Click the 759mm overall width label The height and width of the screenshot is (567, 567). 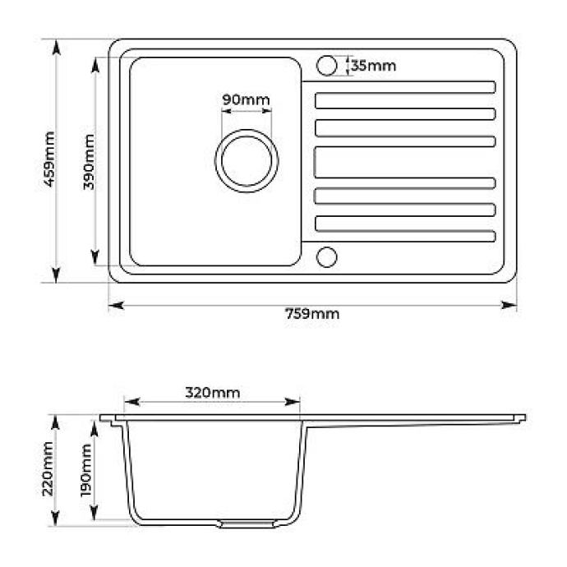click(312, 314)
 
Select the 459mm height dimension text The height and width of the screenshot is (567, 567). click(49, 159)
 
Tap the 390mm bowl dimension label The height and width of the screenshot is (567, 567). click(89, 162)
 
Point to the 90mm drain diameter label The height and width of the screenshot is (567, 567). click(246, 99)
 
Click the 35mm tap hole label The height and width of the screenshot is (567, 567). click(374, 66)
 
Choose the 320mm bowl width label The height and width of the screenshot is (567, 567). click(213, 392)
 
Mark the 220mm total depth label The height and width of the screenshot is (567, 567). click(48, 469)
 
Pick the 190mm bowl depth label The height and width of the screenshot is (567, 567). click(86, 471)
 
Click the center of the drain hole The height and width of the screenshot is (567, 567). click(247, 161)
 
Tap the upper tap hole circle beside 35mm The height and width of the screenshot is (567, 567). click(326, 66)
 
